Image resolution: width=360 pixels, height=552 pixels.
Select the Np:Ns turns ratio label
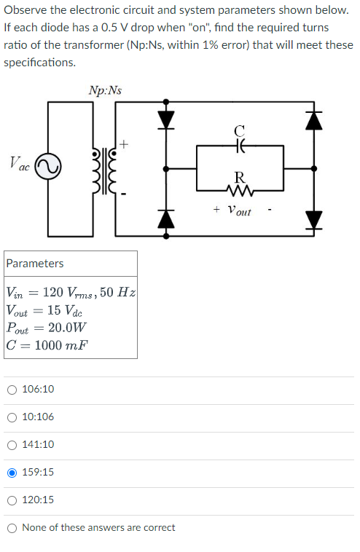pos(105,90)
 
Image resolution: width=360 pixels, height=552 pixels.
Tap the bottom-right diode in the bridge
pos(313,218)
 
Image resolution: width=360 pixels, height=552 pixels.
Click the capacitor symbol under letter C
pos(240,146)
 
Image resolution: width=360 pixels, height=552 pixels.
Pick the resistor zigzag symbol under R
pos(240,193)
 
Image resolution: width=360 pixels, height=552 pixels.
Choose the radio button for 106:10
pos(12,390)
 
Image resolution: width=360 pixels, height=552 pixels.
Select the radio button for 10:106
pos(12,417)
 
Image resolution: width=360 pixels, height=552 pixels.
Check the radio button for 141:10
pos(12,445)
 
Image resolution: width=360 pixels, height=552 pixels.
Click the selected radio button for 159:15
pos(12,473)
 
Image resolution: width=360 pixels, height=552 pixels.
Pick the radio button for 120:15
pos(12,500)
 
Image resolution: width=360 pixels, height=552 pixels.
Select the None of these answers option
pos(12,528)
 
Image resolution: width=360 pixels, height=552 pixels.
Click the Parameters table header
pos(35,264)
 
